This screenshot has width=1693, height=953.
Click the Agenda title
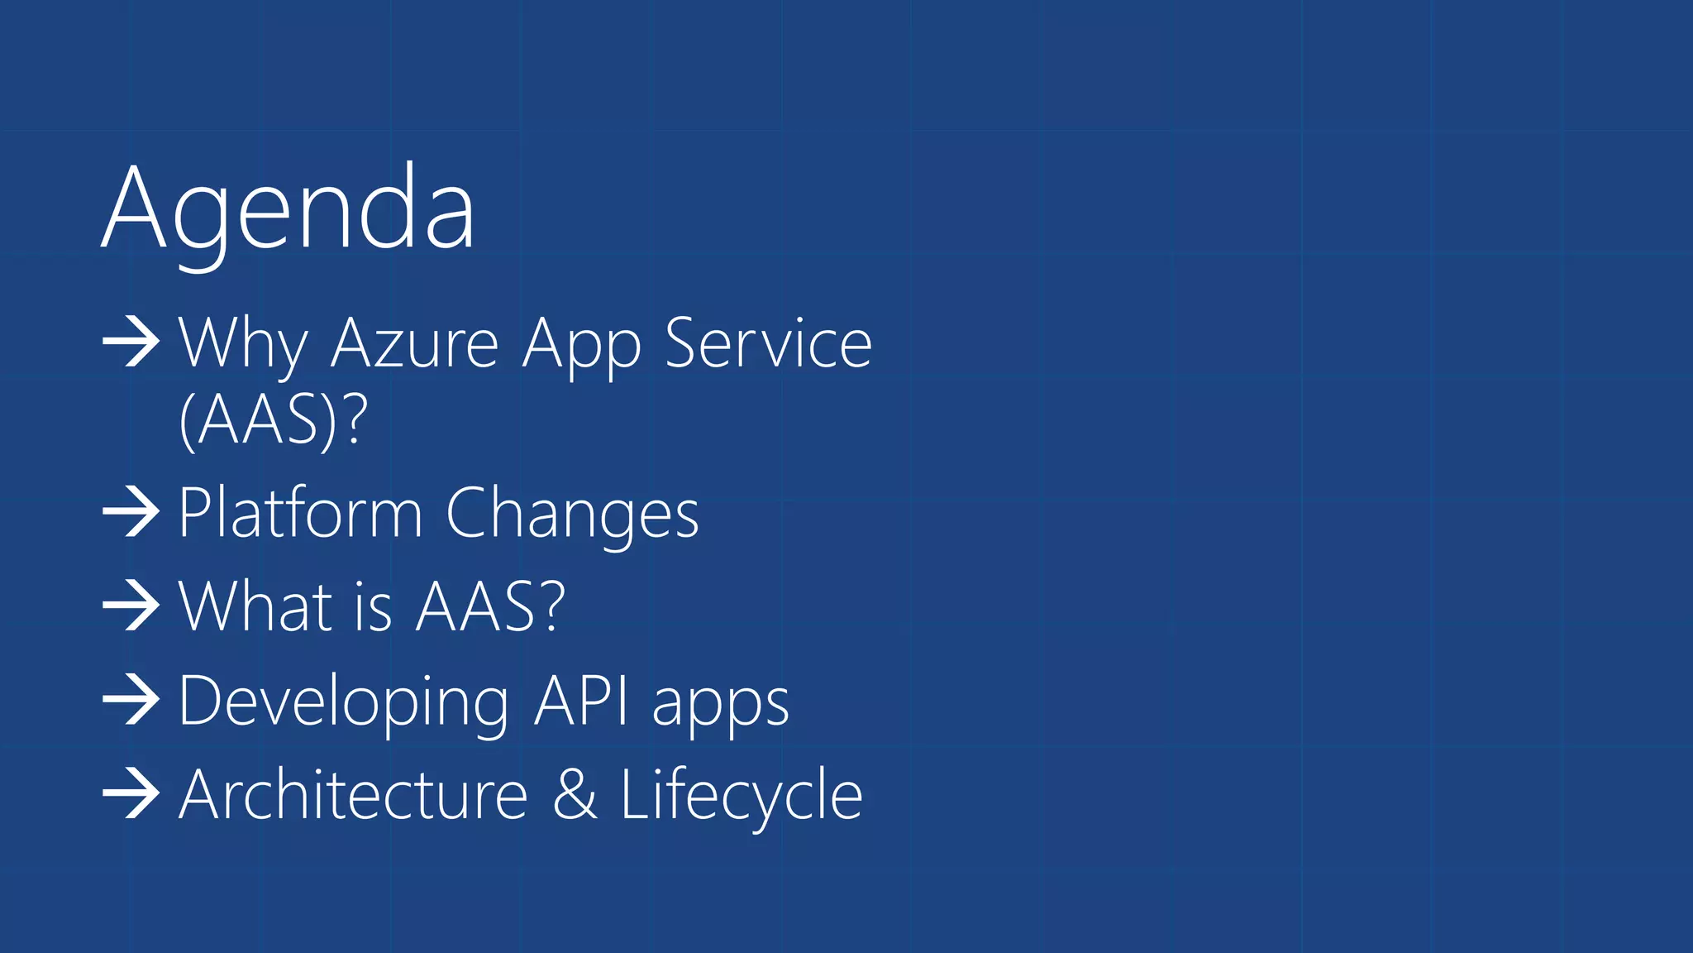click(288, 208)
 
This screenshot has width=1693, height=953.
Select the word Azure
click(415, 343)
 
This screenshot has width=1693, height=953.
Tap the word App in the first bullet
click(582, 346)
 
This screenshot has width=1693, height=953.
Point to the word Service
click(768, 342)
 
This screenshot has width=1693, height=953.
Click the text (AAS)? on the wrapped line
click(273, 420)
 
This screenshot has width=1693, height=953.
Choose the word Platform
click(300, 513)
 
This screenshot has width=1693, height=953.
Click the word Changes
click(572, 515)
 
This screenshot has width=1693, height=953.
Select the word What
click(255, 606)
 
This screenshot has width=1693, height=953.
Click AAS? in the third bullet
click(490, 606)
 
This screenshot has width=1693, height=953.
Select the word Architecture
click(353, 794)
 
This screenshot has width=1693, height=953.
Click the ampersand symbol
click(575, 794)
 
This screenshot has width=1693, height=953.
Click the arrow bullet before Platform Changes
click(131, 512)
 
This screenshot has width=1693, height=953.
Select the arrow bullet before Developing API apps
click(131, 700)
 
